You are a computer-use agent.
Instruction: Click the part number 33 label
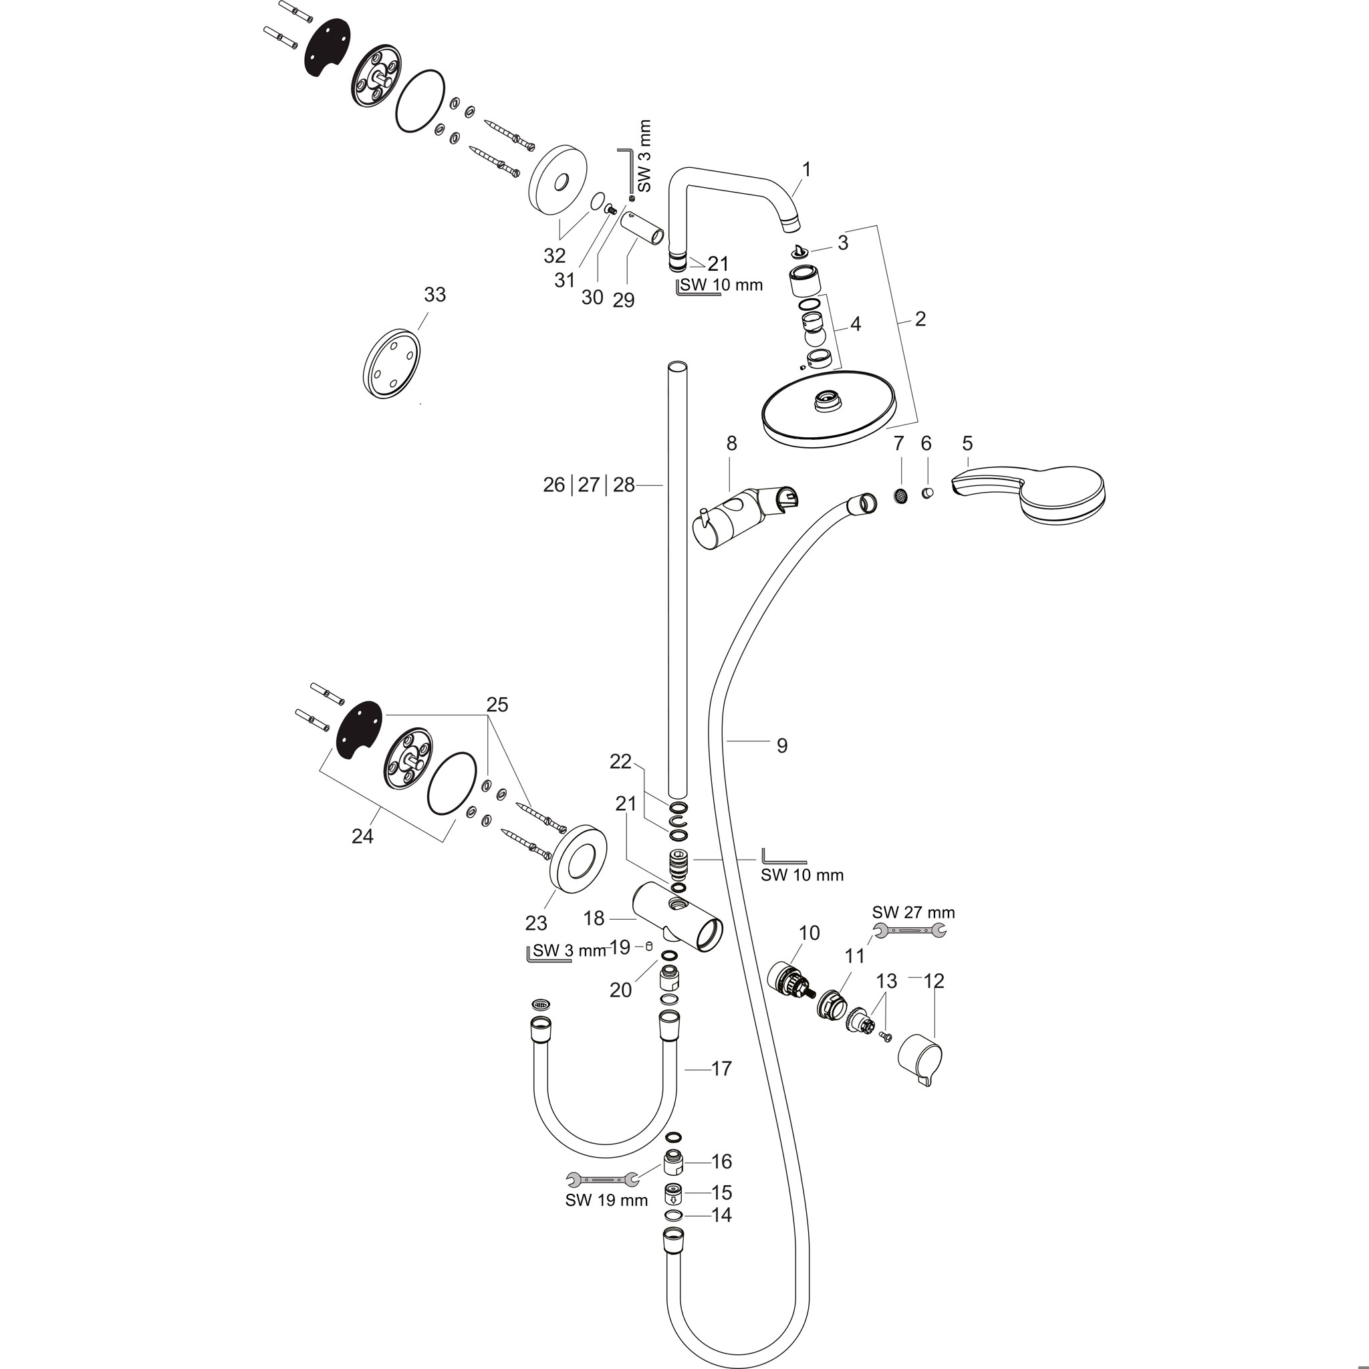click(434, 294)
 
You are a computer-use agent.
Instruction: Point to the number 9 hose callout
click(781, 745)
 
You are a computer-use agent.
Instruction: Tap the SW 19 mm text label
click(606, 1200)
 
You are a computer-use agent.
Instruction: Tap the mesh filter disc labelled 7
click(900, 496)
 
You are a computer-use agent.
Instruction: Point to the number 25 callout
click(497, 705)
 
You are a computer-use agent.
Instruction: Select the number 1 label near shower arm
click(805, 169)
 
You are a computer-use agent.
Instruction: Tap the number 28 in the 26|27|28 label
click(624, 485)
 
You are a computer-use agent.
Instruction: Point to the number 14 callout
click(721, 1215)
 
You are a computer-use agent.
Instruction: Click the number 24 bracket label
click(362, 836)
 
